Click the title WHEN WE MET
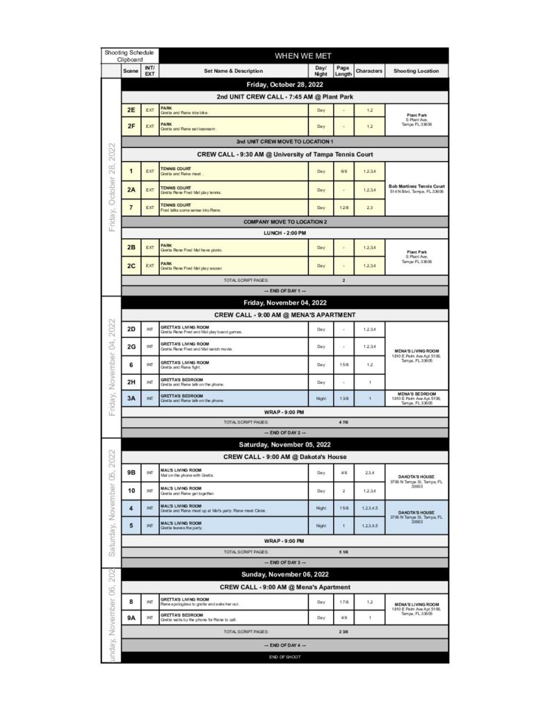(304, 56)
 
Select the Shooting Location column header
(416, 71)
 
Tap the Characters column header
(369, 71)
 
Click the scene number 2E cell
(131, 110)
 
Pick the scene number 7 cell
(131, 208)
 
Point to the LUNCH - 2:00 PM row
(285, 233)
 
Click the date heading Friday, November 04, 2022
(285, 303)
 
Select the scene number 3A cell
(131, 399)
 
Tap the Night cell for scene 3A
(321, 399)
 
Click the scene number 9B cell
(131, 473)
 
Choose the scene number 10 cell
(131, 490)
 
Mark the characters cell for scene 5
(369, 526)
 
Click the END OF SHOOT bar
(285, 657)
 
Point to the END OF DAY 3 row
(285, 562)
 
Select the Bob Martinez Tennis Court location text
(416, 187)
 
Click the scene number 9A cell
(131, 617)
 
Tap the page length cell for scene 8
(343, 601)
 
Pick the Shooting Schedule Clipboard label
(130, 56)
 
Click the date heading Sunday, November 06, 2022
(285, 574)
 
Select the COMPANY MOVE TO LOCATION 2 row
(285, 221)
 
